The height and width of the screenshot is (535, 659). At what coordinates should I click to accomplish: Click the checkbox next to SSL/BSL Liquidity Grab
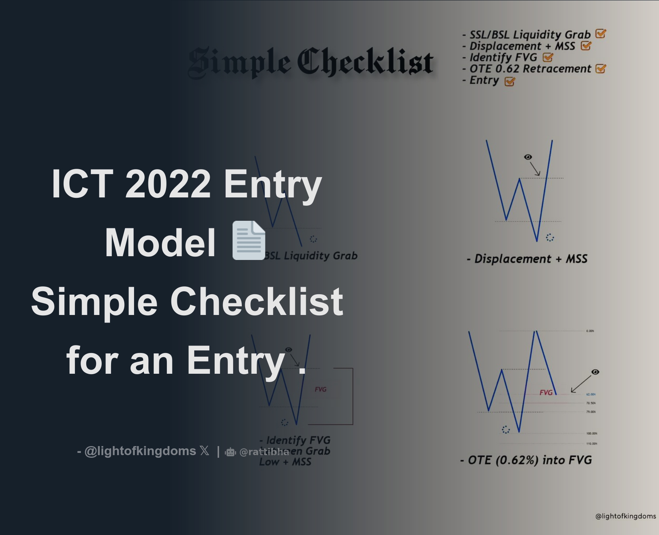click(601, 34)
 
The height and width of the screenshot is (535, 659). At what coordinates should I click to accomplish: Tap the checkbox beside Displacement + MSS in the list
click(586, 46)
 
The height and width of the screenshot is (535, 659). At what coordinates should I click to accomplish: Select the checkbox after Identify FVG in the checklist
click(548, 57)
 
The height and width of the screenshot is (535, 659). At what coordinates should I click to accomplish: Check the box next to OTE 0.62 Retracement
click(601, 69)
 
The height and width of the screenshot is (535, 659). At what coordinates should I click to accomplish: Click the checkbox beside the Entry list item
click(510, 81)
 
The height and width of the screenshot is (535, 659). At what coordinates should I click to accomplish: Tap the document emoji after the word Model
click(249, 241)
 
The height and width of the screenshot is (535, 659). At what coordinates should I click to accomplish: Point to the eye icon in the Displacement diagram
click(528, 157)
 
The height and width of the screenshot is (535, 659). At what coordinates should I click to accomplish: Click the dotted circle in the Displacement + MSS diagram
click(550, 237)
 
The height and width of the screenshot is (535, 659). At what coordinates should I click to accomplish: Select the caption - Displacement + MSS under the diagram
click(527, 259)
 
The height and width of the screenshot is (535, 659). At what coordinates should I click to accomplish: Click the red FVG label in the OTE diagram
click(546, 393)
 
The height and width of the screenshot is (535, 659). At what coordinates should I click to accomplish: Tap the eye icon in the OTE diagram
click(595, 372)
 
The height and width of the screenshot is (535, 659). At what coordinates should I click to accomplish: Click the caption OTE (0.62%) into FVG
click(526, 460)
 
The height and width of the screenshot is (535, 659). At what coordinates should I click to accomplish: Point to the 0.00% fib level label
click(590, 331)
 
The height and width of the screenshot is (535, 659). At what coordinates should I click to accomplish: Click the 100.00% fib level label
click(592, 433)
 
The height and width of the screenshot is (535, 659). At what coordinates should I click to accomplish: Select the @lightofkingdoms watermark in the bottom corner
click(625, 516)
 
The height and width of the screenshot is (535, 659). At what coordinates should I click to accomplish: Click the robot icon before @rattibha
click(230, 452)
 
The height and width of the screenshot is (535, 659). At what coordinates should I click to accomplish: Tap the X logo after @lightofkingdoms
click(204, 451)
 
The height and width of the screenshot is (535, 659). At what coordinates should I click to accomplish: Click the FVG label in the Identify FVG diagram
click(320, 389)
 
